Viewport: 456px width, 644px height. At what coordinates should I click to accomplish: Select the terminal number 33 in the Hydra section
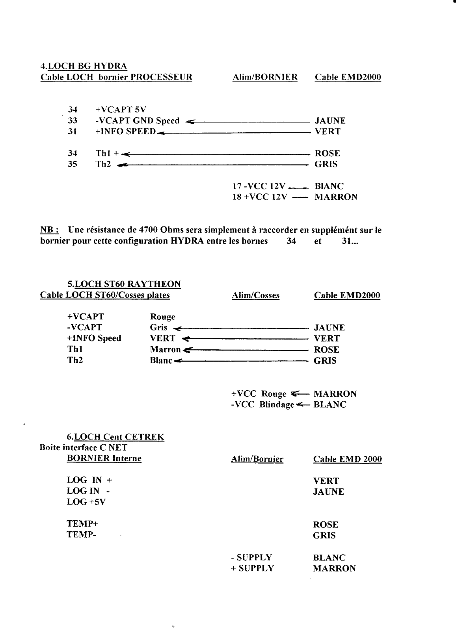[x=73, y=121]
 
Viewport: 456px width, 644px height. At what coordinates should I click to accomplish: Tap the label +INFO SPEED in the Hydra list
[x=125, y=132]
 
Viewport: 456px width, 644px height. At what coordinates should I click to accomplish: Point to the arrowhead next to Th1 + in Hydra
[x=127, y=154]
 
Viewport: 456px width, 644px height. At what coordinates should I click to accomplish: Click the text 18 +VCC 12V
[x=260, y=197]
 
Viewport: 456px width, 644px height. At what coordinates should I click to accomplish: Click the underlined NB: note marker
[x=50, y=230]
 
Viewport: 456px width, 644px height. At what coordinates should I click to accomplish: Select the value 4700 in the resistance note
[x=149, y=230]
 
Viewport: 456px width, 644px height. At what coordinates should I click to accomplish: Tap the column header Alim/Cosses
[x=256, y=295]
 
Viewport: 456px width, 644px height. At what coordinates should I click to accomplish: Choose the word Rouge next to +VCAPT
[x=162, y=317]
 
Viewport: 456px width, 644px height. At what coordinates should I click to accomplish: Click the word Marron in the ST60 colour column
[x=165, y=349]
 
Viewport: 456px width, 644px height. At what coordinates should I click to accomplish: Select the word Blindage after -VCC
[x=277, y=405]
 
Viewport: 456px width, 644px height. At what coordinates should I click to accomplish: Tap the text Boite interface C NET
[x=84, y=448]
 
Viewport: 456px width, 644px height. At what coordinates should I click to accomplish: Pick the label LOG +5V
[x=86, y=502]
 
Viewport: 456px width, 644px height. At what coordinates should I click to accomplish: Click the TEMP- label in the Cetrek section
[x=82, y=535]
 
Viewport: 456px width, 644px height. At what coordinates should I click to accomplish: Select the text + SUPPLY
[x=252, y=568]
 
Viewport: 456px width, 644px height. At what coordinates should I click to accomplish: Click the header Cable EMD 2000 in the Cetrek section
[x=347, y=459]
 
